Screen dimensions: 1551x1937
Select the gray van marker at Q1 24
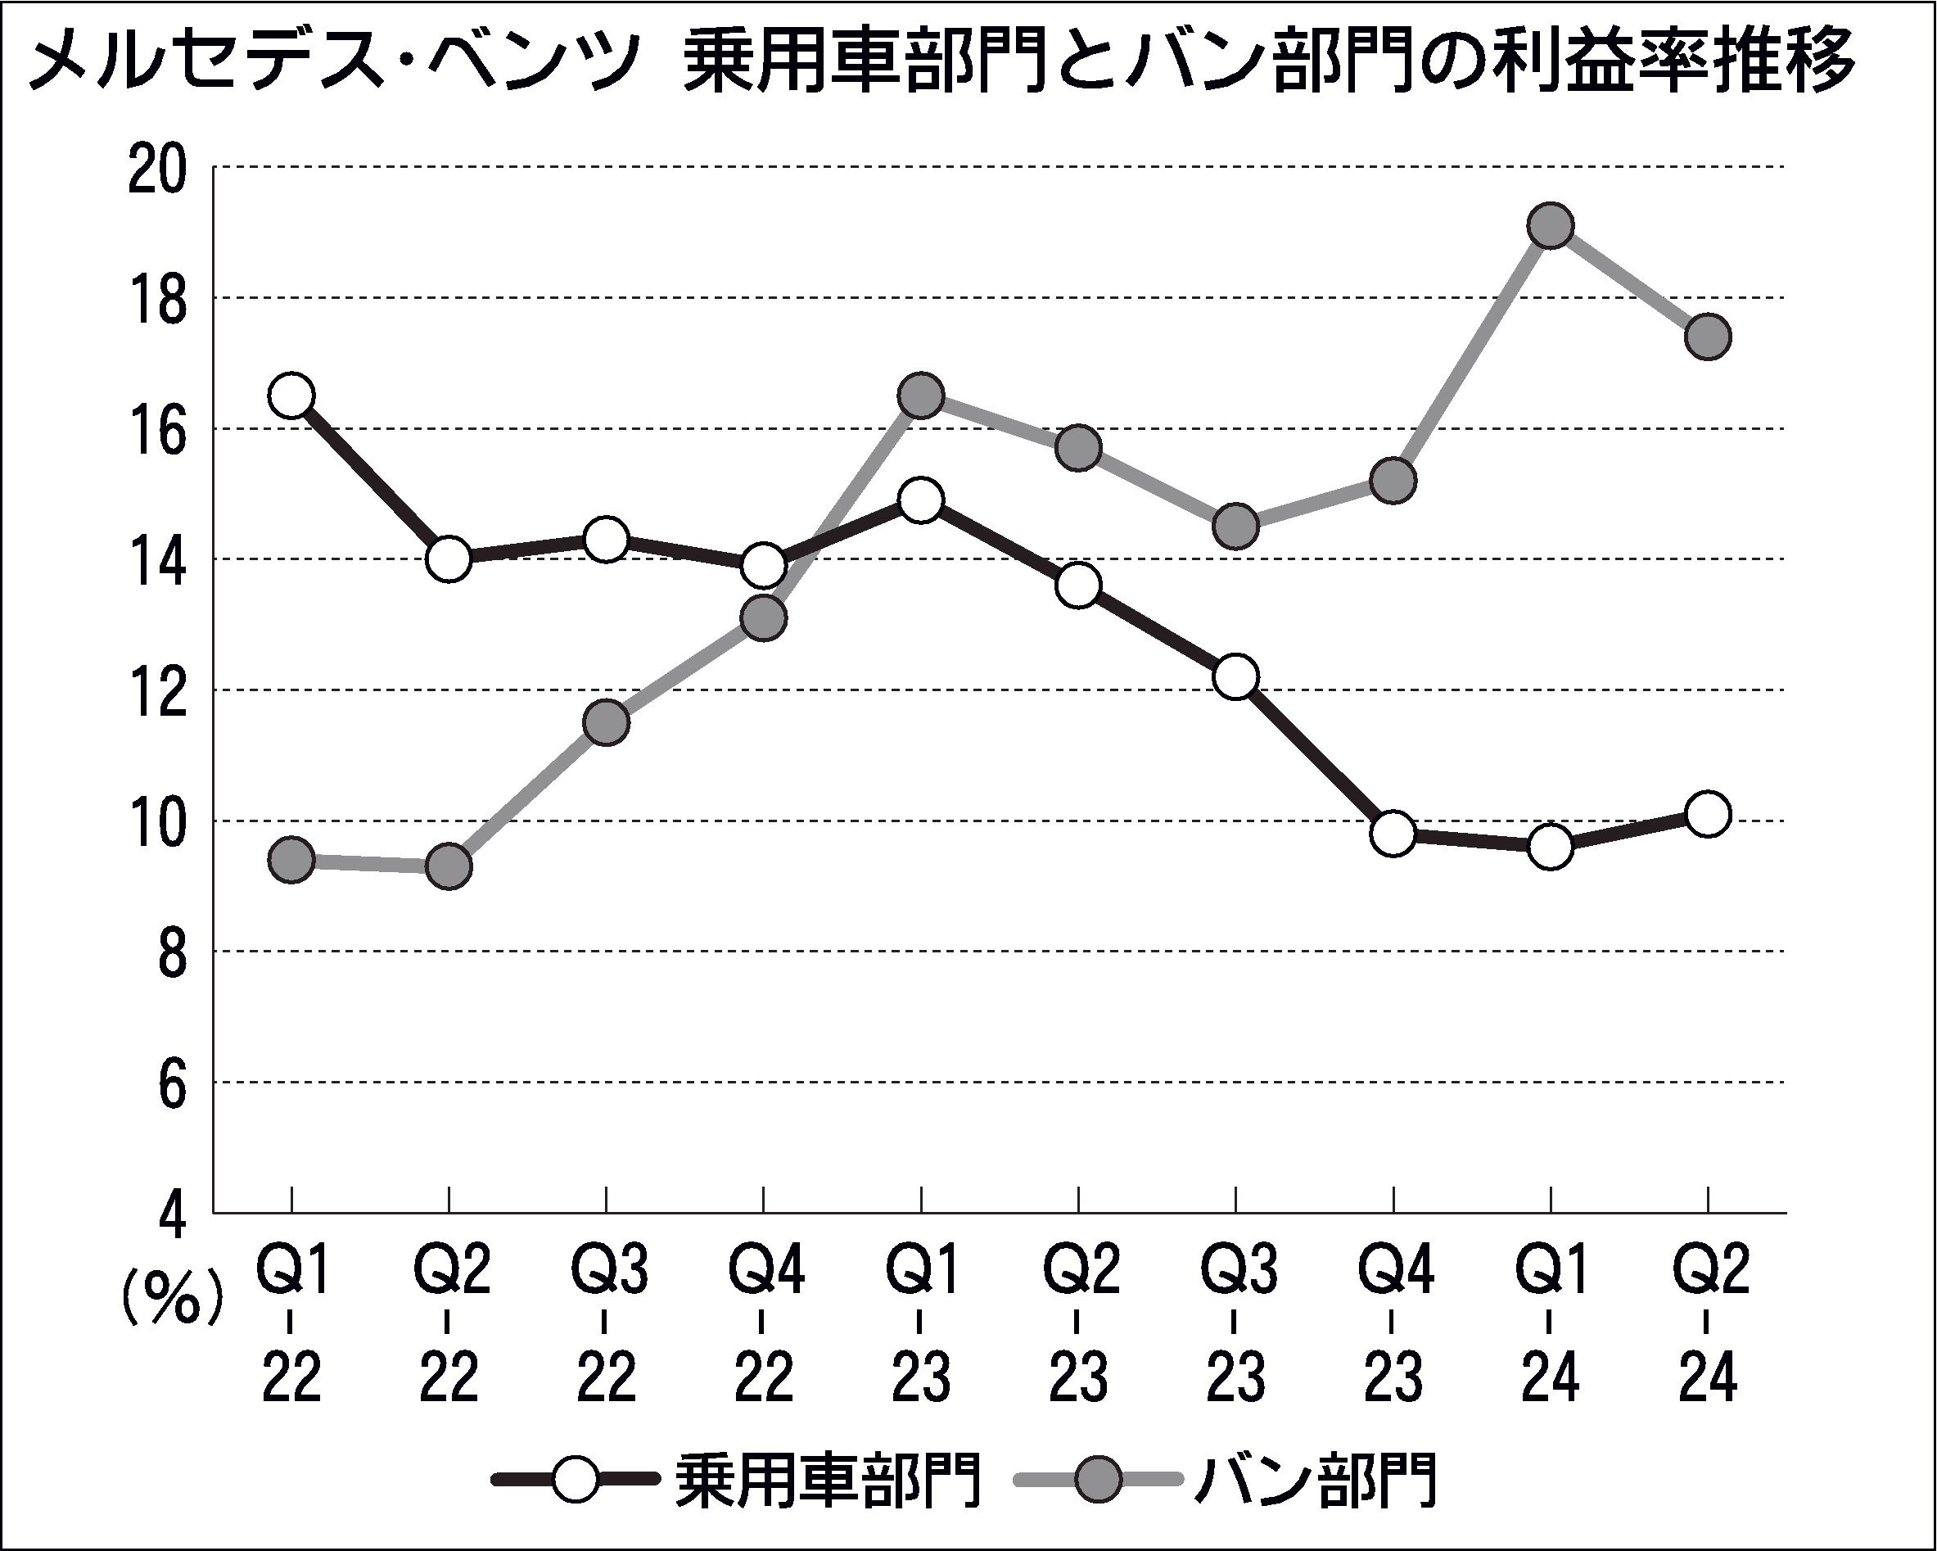pos(1551,225)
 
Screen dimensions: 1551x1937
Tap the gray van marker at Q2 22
pos(449,866)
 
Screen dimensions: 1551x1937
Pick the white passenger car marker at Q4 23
pos(1393,833)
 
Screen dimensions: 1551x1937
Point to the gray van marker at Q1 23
pos(921,396)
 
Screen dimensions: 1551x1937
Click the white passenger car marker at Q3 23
pos(1235,676)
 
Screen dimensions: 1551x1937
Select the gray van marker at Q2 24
pos(1708,337)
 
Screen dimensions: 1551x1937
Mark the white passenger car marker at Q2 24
pos(1708,814)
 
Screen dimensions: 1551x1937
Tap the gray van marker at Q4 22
pos(764,618)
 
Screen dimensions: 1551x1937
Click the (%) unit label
pos(172,1298)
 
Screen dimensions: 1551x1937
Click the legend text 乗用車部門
pos(828,1480)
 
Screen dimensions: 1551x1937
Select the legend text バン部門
pos(1317,1480)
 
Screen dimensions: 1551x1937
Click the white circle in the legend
pos(574,1479)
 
